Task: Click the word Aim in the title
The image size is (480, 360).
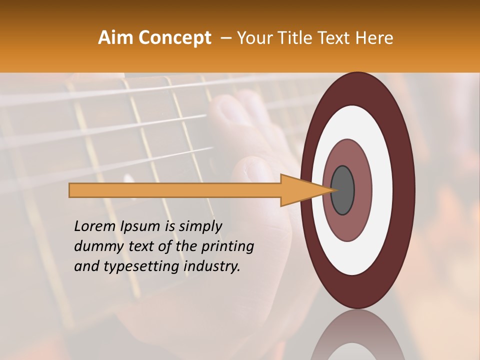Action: click(116, 38)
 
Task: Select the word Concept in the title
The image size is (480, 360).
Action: click(174, 38)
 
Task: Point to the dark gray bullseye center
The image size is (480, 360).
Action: click(343, 190)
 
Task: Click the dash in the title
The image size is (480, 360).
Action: click(226, 38)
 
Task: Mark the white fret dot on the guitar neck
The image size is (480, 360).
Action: click(129, 179)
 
